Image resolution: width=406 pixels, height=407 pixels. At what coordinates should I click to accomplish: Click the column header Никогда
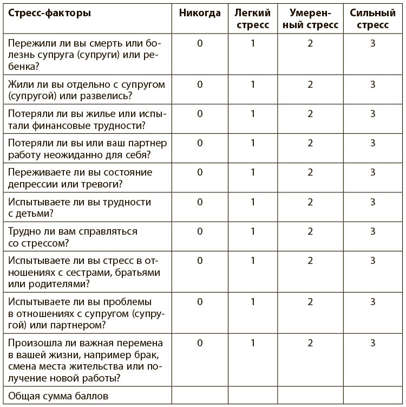coord(200,13)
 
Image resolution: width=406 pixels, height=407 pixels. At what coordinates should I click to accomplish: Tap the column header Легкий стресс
coord(253,19)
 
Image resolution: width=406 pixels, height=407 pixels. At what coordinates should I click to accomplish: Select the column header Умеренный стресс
coord(310,19)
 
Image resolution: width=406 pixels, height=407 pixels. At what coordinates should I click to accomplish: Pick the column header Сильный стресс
coord(373,19)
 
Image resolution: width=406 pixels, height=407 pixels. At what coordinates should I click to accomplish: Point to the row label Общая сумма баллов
coord(58,396)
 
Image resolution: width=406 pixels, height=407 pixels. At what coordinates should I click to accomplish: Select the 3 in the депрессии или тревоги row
coord(373,172)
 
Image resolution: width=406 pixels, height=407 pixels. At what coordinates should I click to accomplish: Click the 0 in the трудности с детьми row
coord(200,202)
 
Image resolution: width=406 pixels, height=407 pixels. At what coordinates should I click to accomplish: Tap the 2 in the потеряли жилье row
coord(310,114)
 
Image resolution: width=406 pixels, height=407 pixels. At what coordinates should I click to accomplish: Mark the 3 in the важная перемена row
coord(373,343)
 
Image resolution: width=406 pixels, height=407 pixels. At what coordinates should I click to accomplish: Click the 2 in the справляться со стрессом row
coord(310,231)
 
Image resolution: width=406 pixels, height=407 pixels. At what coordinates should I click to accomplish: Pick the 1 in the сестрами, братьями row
coord(253,260)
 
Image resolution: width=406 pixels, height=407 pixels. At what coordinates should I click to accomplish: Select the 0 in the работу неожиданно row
coord(200,143)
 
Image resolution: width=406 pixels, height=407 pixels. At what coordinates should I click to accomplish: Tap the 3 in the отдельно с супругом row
coord(373,85)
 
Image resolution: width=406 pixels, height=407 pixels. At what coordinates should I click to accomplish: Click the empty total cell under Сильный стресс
coord(373,396)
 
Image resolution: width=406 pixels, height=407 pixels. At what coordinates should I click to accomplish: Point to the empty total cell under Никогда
coord(200,396)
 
